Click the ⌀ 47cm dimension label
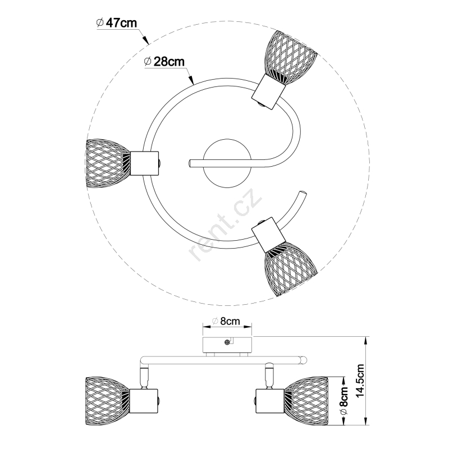coord(117,23)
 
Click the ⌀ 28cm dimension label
coord(164,61)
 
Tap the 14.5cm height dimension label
coord(360,381)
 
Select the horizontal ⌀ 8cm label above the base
coord(226,321)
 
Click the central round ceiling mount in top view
coord(227,163)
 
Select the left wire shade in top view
coord(108,163)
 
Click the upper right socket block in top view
coord(268,91)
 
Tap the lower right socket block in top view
coord(269,235)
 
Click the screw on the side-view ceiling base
coord(227,342)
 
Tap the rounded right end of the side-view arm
coord(304,359)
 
